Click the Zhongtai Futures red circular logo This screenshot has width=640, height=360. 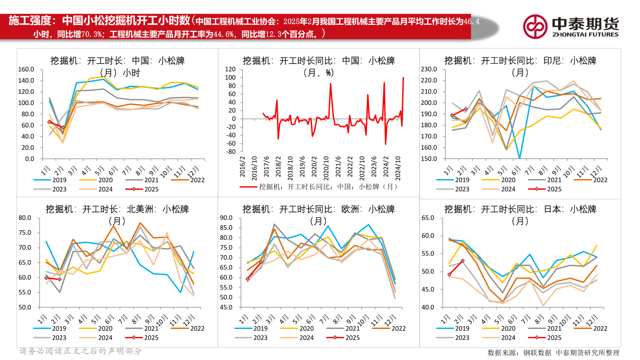point(535,26)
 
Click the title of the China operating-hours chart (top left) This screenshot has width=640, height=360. point(117,66)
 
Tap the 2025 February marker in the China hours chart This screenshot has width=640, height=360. point(63,128)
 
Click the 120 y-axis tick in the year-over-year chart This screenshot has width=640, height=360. point(229,69)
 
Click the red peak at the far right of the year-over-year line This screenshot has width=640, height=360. point(403,78)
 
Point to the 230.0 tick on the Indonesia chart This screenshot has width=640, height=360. point(429,69)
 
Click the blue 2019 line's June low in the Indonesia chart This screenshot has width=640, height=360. point(520,158)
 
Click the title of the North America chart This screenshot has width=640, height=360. point(117,214)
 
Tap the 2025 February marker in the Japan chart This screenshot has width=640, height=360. point(463,261)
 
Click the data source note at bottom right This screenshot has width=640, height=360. point(553,352)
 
